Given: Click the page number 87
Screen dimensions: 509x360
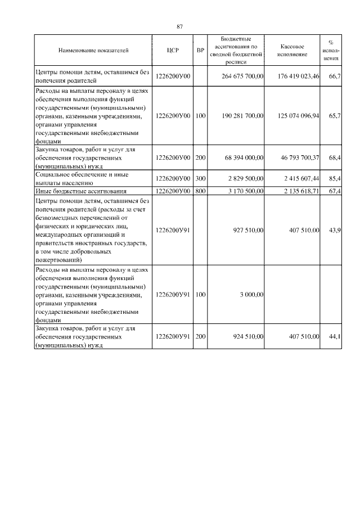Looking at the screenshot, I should point(179,26).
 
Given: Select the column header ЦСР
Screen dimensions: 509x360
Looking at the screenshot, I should point(173,51).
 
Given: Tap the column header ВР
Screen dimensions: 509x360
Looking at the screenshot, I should point(200,51).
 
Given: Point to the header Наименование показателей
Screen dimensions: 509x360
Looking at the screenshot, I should point(93,51).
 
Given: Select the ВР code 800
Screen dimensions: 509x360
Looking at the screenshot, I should point(200,192).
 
